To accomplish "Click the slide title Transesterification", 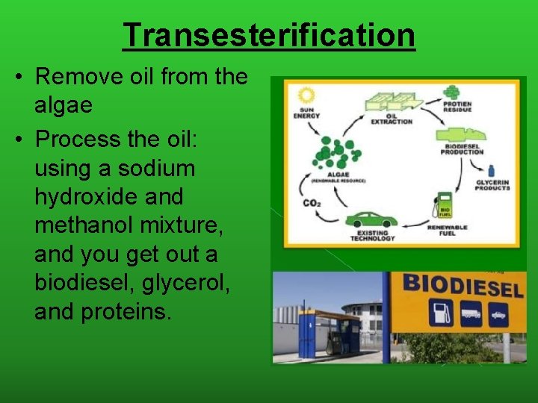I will point(268,35).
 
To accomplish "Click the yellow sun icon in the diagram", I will point(305,96).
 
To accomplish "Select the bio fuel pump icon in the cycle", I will point(445,205).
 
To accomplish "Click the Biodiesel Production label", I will point(462,149).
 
